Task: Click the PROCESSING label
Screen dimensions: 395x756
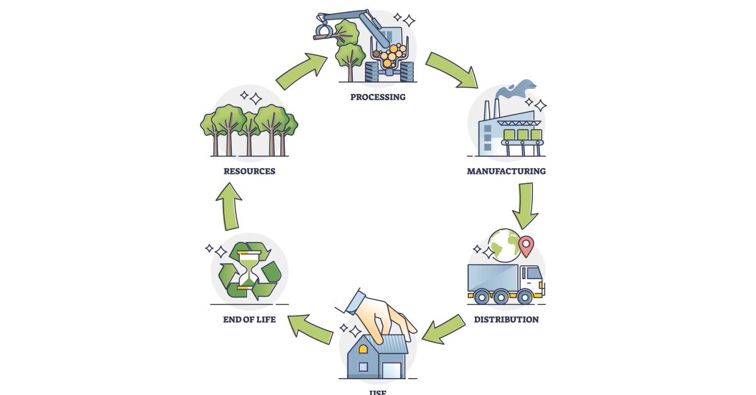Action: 378,97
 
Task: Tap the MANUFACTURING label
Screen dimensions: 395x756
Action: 506,171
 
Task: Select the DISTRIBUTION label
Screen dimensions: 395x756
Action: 506,319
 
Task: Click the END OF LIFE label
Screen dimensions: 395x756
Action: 249,319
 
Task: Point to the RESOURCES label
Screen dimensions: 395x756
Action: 249,171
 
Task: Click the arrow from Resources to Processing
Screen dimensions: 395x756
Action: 302,71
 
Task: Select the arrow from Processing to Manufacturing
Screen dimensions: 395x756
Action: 451,69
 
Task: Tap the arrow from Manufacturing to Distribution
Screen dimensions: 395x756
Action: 524,205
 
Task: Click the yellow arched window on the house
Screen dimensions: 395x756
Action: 363,348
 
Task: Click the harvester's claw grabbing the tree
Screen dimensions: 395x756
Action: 324,30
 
